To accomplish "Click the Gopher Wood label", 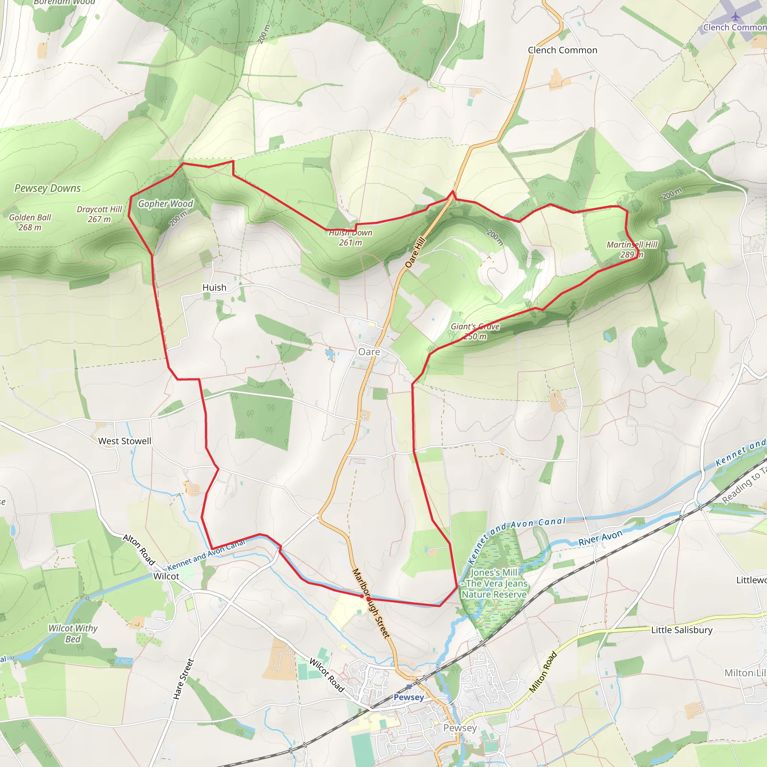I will tap(165, 204).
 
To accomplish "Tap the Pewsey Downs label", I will tap(48, 188).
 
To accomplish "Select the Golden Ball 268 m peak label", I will tap(30, 222).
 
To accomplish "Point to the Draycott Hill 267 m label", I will tap(99, 214).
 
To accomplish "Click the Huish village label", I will tap(214, 287).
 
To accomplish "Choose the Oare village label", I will tap(369, 352).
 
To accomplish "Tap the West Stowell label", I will tap(124, 441).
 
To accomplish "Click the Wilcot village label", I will tap(166, 576).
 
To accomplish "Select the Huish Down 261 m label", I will tap(350, 237).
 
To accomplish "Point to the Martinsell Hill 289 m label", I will tap(632, 249).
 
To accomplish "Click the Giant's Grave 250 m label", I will tap(475, 331).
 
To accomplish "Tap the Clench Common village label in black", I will tap(562, 51).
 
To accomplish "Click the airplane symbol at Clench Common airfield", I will tap(736, 17).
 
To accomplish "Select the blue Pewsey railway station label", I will tap(409, 697).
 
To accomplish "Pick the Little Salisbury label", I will tap(682, 630).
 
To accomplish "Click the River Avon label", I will tap(600, 538).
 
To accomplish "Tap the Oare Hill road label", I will tap(415, 252).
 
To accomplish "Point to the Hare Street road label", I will tap(183, 679).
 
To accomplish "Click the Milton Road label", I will tap(543, 672).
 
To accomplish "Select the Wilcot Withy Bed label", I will tap(73, 634).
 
